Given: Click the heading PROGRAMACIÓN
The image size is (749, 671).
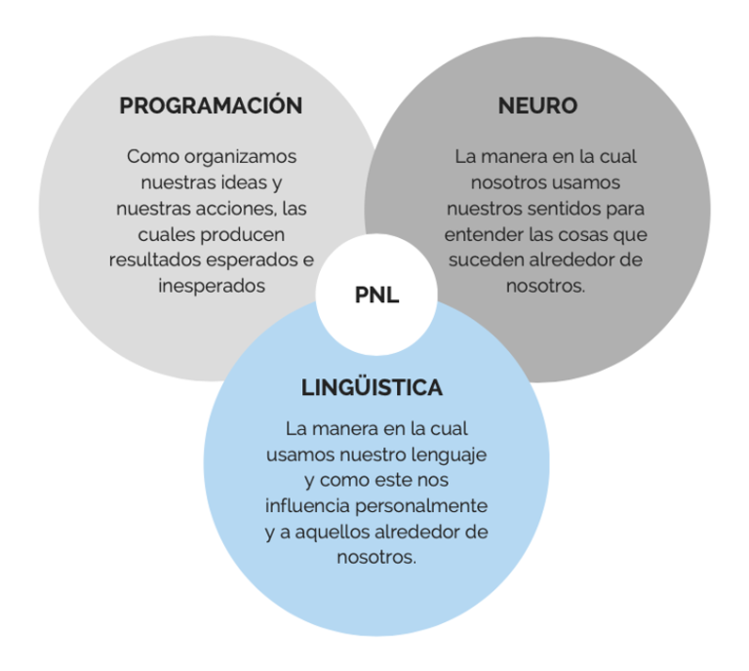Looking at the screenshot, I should click(211, 106).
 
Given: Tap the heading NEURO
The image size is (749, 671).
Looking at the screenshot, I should click(537, 106).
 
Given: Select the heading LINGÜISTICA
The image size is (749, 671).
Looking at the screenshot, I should click(372, 387).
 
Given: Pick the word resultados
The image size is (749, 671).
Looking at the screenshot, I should click(155, 260).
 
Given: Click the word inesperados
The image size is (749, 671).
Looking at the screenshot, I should click(211, 286).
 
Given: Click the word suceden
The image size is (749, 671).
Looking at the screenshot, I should click(487, 260).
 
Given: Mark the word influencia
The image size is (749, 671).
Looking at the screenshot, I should click(306, 507).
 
